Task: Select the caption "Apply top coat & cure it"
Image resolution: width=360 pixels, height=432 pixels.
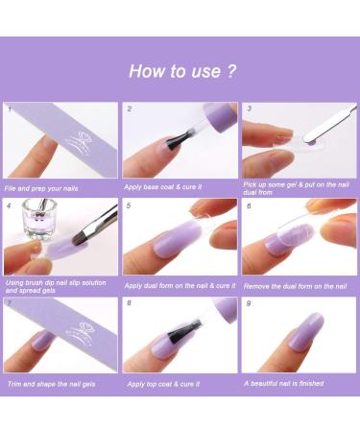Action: coord(164,384)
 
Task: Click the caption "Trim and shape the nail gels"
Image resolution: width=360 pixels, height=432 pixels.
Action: coord(50,384)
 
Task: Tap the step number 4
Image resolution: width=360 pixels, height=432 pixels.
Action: coord(9,204)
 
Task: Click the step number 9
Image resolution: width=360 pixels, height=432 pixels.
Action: coord(248,303)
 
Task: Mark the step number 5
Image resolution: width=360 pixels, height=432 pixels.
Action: coord(129,204)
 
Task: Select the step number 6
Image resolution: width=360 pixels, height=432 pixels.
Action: coord(248,204)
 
